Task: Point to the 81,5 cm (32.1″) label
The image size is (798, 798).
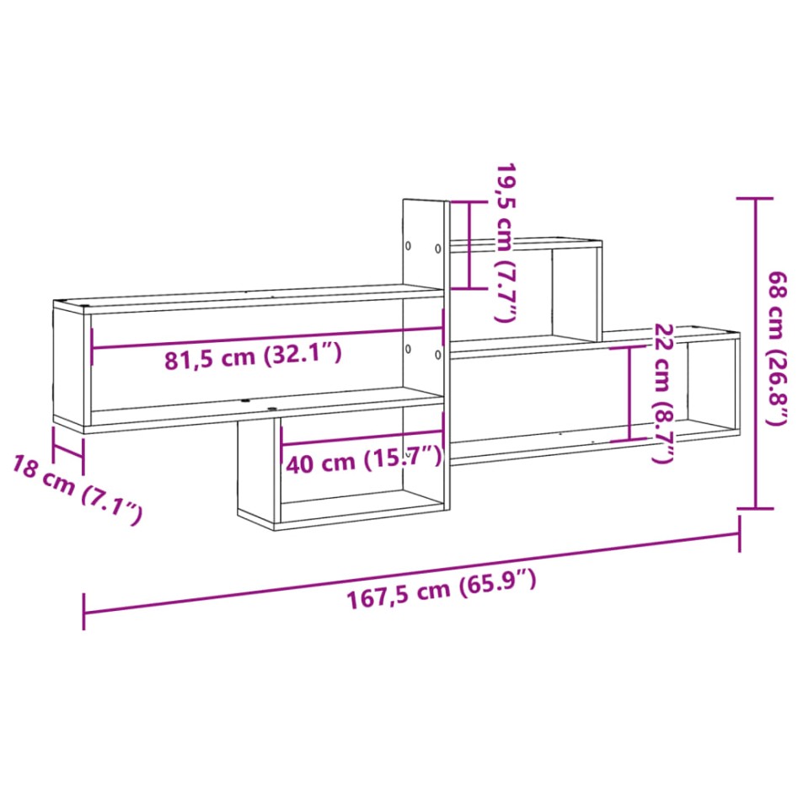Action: click(x=252, y=357)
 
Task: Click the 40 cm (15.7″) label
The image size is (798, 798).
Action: click(x=363, y=460)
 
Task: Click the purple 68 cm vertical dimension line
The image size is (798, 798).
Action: click(x=755, y=354)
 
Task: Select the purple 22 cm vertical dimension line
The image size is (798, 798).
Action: click(x=630, y=393)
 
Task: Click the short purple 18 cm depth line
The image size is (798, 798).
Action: click(x=68, y=446)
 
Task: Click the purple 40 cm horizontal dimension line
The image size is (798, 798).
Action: click(x=362, y=440)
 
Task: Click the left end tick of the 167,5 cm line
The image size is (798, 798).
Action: click(x=84, y=611)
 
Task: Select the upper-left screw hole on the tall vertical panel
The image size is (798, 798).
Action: click(x=409, y=247)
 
